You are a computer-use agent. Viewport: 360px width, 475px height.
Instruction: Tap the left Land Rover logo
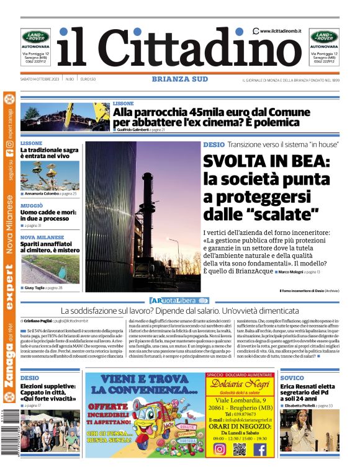point(35,37)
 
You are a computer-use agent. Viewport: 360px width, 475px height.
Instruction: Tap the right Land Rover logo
point(325,37)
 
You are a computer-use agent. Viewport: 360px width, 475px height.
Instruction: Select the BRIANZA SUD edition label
point(180,79)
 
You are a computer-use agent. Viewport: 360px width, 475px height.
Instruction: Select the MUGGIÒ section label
point(32,205)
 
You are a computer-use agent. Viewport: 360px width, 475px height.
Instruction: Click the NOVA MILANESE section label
point(42,237)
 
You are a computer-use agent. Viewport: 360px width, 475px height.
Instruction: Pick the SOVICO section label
point(292,378)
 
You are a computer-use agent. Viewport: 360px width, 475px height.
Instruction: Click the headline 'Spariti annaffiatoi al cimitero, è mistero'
point(50,247)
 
